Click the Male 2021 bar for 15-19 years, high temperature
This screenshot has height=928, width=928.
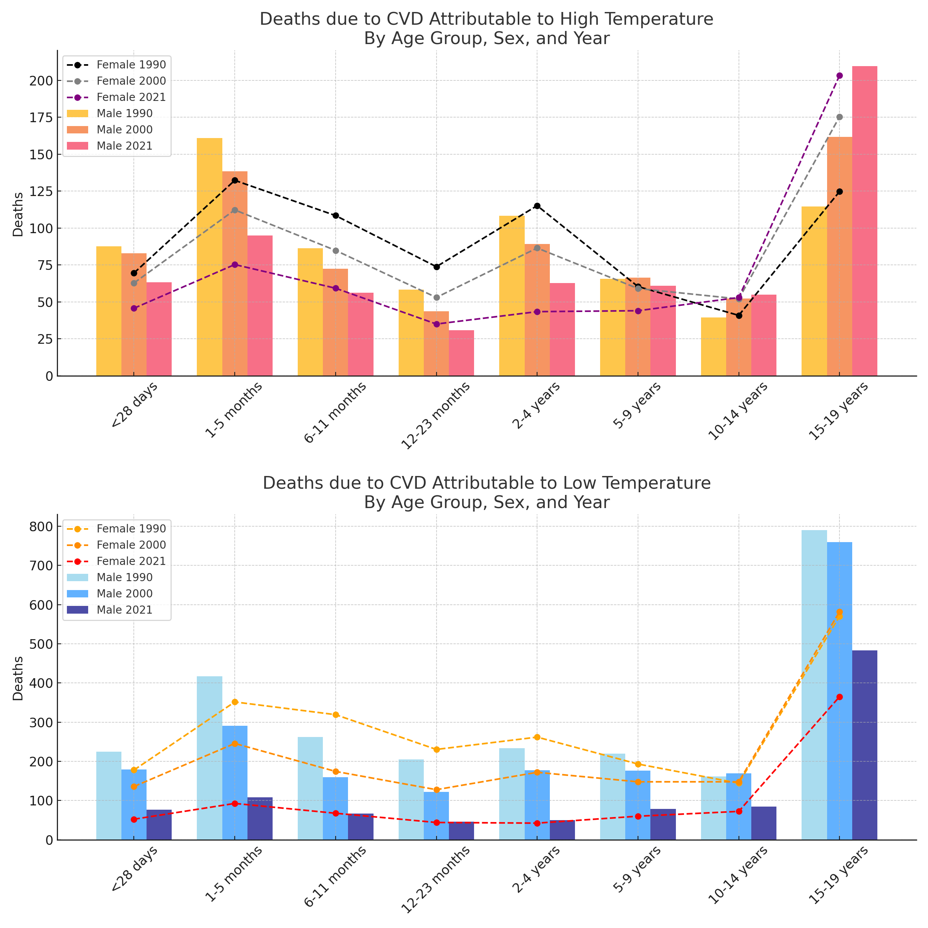coord(864,221)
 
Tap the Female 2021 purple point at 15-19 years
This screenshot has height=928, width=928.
coord(839,76)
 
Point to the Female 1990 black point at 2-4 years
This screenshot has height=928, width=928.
coord(537,206)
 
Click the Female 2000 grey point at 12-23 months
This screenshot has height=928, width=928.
coord(436,298)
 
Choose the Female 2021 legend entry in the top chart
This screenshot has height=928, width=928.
coord(131,97)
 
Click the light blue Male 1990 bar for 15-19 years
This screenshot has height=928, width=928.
coord(814,687)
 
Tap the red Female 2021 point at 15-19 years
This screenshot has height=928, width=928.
coord(839,697)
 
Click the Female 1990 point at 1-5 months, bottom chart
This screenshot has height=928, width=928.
coord(235,702)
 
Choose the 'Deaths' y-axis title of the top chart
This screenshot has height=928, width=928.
coord(18,214)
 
